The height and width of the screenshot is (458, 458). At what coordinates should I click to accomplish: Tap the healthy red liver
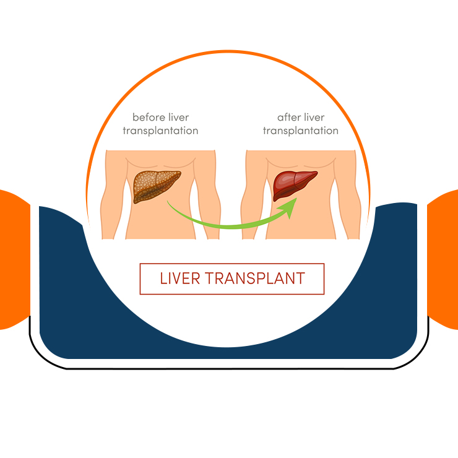pos(295,184)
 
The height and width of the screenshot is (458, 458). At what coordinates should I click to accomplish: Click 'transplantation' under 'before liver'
pos(160,131)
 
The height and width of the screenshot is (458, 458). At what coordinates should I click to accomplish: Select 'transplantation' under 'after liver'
pos(301,131)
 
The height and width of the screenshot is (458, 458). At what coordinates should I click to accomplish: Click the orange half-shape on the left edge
pos(14,260)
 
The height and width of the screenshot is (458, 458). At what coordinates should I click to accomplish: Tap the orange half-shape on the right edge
pos(444,260)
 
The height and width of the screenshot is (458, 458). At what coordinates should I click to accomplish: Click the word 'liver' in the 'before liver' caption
pos(179,117)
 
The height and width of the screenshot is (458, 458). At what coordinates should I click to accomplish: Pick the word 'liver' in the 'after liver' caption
pos(315,117)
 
